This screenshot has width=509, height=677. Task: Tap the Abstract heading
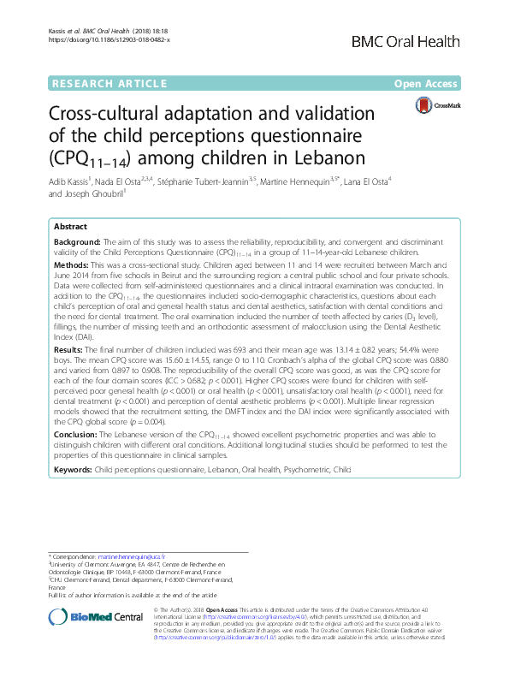click(70, 227)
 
